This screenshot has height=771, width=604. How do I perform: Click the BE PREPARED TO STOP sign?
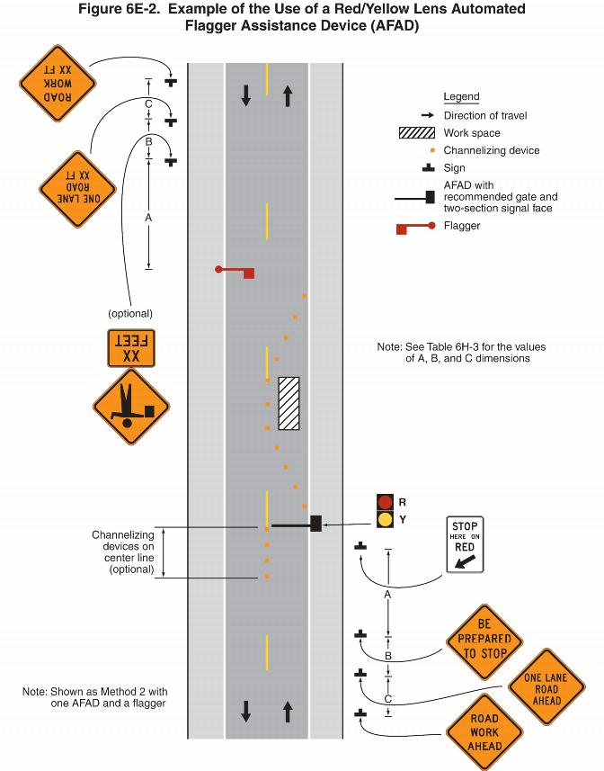(483, 639)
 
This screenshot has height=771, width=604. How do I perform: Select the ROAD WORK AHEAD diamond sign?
(484, 732)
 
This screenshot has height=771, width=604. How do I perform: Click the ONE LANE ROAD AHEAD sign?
(546, 688)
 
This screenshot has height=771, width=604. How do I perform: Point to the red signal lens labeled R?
(386, 502)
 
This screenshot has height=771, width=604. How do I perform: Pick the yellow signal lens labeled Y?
(386, 519)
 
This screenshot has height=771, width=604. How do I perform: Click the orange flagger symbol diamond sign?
(131, 407)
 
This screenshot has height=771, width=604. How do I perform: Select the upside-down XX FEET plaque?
(132, 347)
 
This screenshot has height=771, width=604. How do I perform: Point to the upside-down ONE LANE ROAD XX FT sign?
(78, 189)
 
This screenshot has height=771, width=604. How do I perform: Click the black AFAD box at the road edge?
(315, 523)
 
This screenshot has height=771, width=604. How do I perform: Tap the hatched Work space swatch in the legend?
(417, 133)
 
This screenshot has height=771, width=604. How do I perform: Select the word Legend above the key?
(462, 97)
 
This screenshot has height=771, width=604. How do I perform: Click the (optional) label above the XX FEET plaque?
(130, 314)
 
